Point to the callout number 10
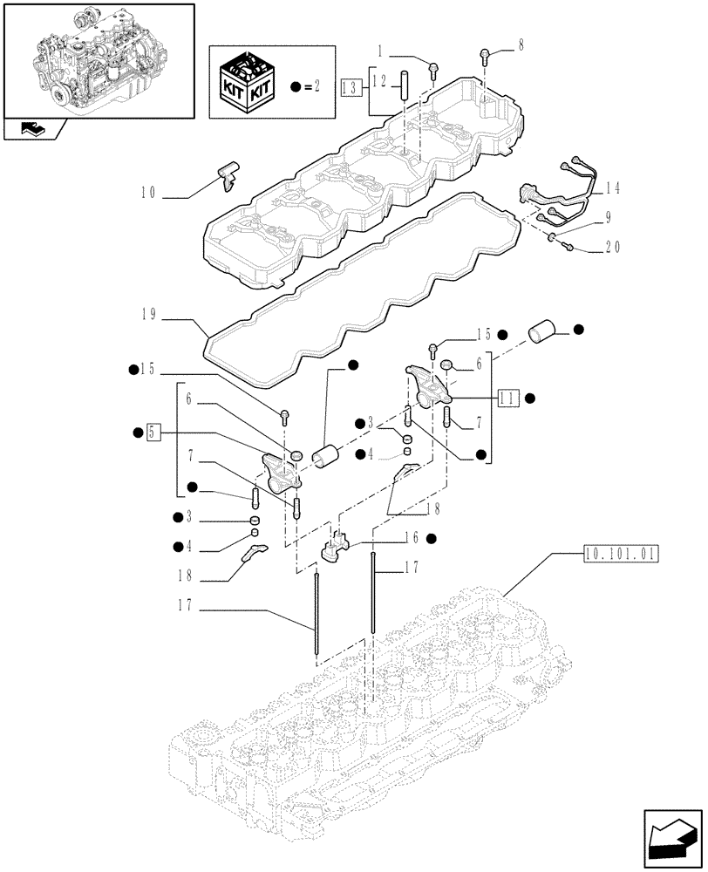pos(147,193)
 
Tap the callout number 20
pos(612,249)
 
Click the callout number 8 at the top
pos(521,45)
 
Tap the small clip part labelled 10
pos(229,173)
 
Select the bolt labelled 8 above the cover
pos(483,58)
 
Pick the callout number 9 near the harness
pos(607,221)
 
